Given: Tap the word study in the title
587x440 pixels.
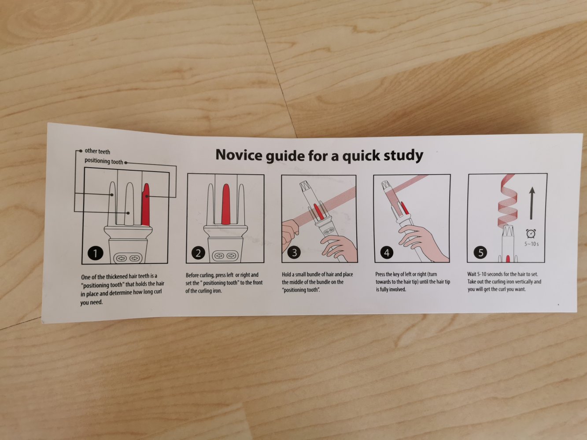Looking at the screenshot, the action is [x=403, y=156].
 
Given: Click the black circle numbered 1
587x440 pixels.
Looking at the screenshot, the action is [x=96, y=253].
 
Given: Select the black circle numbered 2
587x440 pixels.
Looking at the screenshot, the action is [x=199, y=253].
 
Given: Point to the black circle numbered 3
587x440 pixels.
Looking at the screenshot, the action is [x=295, y=253].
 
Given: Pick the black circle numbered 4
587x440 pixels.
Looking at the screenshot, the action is [x=387, y=253].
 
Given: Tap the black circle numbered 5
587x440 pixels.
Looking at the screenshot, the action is [x=480, y=253].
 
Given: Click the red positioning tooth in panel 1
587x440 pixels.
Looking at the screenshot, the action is [x=145, y=205].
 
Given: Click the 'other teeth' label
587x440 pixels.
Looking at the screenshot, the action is [x=97, y=151].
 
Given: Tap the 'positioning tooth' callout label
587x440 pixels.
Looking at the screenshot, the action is [x=104, y=161].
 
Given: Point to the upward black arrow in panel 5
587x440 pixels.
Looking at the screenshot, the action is [x=532, y=203].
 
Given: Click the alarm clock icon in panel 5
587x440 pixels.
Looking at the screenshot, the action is [x=531, y=234].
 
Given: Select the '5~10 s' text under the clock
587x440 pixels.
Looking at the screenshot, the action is [x=532, y=244].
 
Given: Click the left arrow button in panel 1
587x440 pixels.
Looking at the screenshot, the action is [x=122, y=258].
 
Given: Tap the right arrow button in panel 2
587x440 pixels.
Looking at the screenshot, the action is [x=231, y=256].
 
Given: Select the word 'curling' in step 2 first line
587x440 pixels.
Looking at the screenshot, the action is [x=207, y=275].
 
